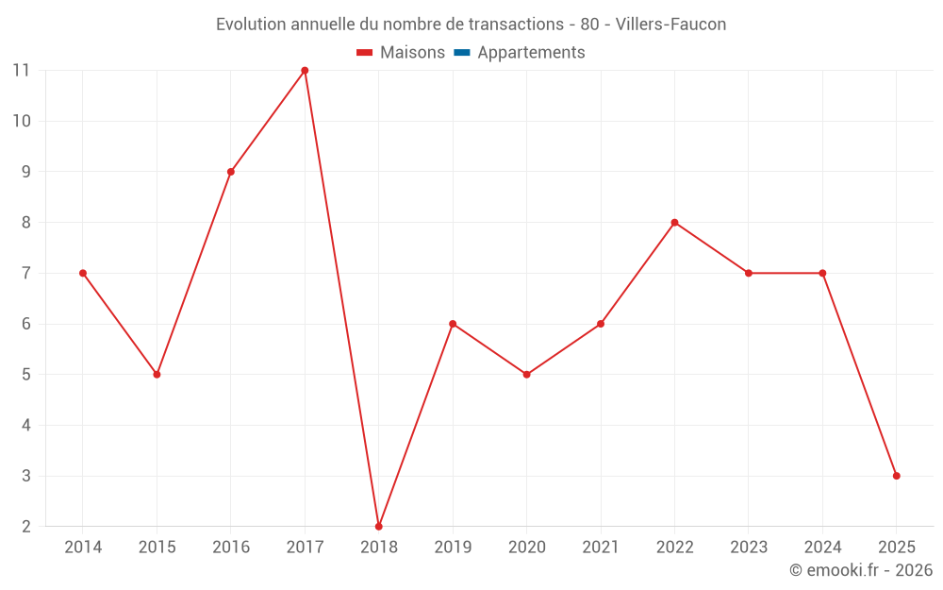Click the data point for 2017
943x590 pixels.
tap(305, 71)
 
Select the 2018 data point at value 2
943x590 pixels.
tap(378, 526)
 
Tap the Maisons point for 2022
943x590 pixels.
tap(674, 223)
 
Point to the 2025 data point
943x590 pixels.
tap(896, 476)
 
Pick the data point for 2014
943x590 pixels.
tap(83, 273)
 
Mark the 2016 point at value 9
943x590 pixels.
tap(231, 172)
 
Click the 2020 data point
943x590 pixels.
tap(526, 375)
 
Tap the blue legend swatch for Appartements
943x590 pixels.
tap(462, 53)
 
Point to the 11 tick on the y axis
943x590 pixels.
tap(21, 71)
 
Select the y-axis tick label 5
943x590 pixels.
tap(25, 375)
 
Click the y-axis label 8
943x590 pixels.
tap(25, 223)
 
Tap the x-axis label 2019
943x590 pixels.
tap(453, 548)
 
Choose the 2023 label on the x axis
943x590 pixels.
tap(749, 548)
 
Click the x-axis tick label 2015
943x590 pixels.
tap(157, 548)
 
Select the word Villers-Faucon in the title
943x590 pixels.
tap(670, 25)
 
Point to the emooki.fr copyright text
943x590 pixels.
tap(861, 570)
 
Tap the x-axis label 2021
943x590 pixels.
tap(601, 548)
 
